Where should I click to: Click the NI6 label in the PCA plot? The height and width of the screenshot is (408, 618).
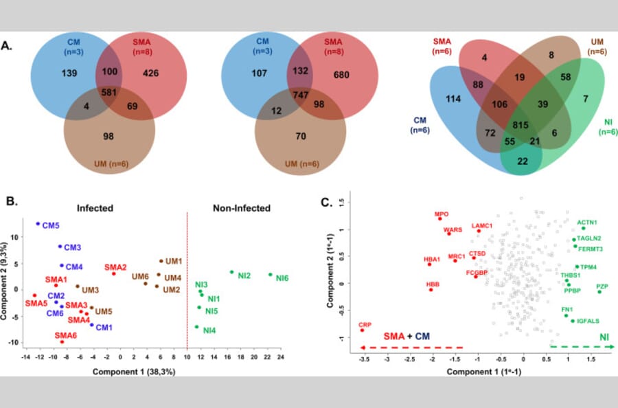pyautogui.click(x=282, y=278)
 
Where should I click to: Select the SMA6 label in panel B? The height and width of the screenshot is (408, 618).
pyautogui.click(x=67, y=335)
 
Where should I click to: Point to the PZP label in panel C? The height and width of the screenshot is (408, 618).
pyautogui.click(x=602, y=286)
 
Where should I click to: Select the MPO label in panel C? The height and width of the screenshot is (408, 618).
pyautogui.click(x=442, y=214)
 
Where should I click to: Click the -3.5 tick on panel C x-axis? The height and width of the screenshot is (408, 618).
pyautogui.click(x=363, y=358)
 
